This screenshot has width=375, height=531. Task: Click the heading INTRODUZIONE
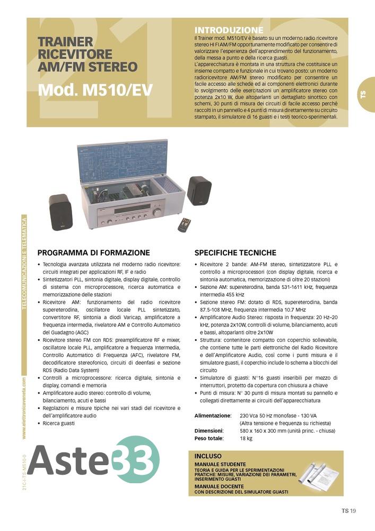229,30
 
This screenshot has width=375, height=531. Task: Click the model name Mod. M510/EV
95,90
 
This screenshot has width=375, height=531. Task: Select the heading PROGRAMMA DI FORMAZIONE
93,253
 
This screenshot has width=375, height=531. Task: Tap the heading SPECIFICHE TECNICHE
235,253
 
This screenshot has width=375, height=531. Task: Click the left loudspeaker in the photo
59,211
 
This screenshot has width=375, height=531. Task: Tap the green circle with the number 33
137,460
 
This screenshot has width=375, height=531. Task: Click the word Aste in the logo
70,460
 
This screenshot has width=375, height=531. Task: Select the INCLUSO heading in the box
208,456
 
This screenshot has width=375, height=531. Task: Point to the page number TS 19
348,511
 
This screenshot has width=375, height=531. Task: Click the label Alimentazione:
213,415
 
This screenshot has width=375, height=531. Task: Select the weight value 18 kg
246,439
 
